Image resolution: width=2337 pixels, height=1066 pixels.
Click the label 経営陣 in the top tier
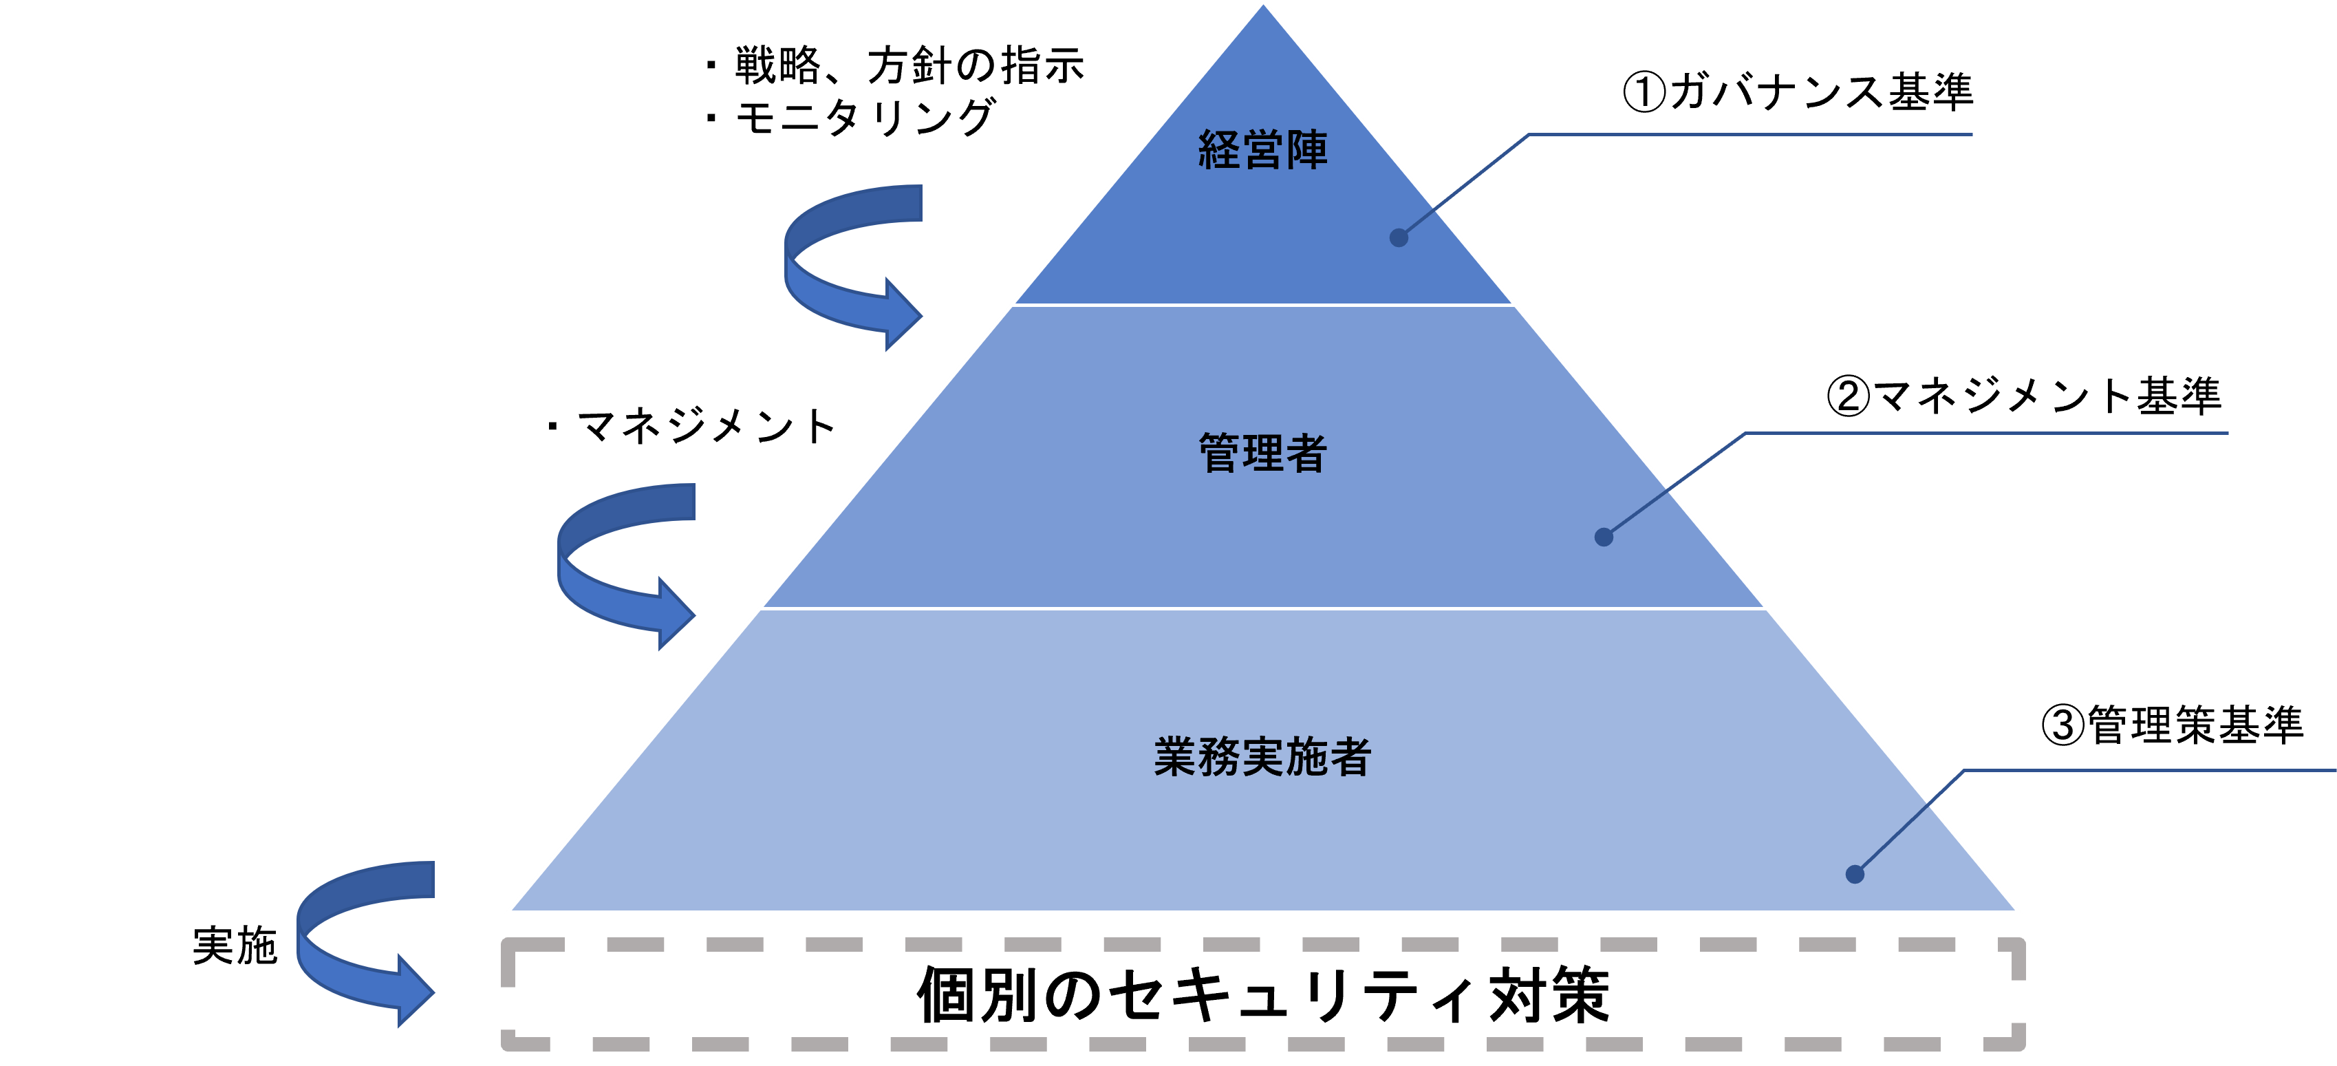[1263, 151]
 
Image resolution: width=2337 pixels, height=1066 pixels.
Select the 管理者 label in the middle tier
[1263, 454]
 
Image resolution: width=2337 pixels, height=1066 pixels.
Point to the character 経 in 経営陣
[1220, 151]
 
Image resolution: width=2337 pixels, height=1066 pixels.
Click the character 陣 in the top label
[1306, 151]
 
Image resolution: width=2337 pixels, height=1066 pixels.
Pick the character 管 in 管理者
[1220, 454]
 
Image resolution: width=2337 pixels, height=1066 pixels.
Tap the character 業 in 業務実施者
[1176, 756]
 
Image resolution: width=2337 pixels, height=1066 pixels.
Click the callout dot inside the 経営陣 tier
[1399, 237]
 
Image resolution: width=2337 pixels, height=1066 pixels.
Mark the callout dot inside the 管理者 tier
[1604, 537]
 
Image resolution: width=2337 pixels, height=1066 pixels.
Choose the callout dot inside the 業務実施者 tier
[1855, 875]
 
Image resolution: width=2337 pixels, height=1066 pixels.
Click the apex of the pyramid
[1263, 3]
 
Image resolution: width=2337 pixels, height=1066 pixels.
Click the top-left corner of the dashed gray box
[508, 944]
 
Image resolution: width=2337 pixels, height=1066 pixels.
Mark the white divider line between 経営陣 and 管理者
[1263, 305]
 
